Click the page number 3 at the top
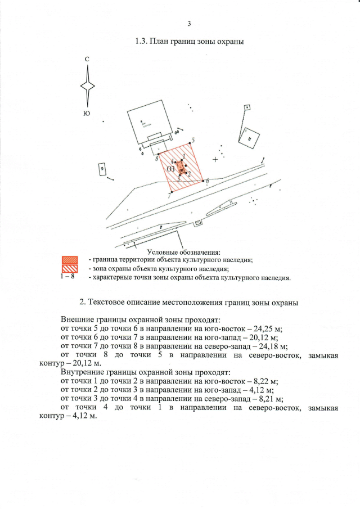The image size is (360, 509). tap(189, 24)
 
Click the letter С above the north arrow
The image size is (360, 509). tap(87, 59)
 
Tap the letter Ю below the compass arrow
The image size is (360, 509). tap(87, 113)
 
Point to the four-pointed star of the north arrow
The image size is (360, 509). tap(87, 86)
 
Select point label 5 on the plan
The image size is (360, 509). tap(193, 139)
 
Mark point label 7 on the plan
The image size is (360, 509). tap(168, 196)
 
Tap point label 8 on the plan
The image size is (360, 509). tap(156, 159)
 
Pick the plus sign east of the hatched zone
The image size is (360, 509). tap(215, 160)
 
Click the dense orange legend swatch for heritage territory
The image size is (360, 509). tap(69, 260)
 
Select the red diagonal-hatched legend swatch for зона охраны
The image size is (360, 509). tap(69, 268)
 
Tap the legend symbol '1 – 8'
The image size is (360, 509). tap(69, 277)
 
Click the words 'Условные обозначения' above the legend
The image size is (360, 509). tap(183, 251)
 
